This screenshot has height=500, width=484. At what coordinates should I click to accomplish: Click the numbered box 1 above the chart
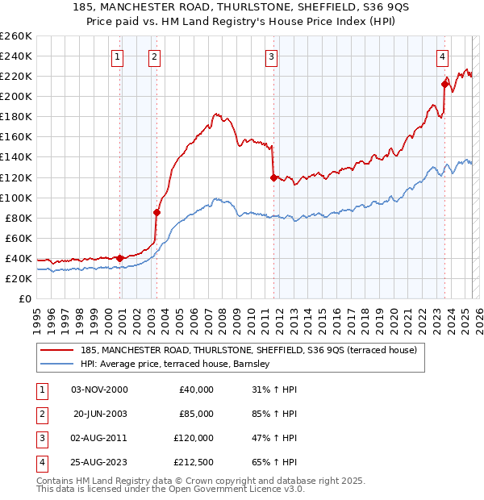pos(118,56)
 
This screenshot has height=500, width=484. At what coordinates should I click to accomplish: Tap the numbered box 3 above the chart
pos(272,56)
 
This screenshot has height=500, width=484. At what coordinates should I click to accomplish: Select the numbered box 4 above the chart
pos(443,56)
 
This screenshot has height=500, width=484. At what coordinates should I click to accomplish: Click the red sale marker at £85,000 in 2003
pos(157,213)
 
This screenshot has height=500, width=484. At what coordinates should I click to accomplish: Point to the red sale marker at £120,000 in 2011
pos(273,177)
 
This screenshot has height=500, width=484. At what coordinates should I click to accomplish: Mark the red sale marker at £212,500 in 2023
pos(445,83)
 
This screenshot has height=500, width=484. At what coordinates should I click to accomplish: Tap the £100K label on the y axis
pos(16,198)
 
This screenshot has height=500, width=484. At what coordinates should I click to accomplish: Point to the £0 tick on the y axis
pos(26,298)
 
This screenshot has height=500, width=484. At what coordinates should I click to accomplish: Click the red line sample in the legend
pos(56,350)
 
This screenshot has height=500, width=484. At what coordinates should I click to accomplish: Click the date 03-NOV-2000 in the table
pos(99,390)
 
